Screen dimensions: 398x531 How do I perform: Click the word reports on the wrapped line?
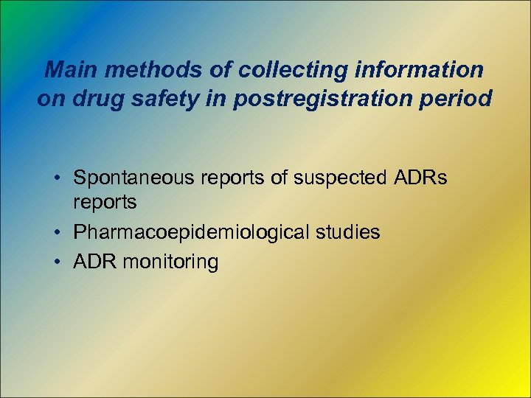pos(105,201)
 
